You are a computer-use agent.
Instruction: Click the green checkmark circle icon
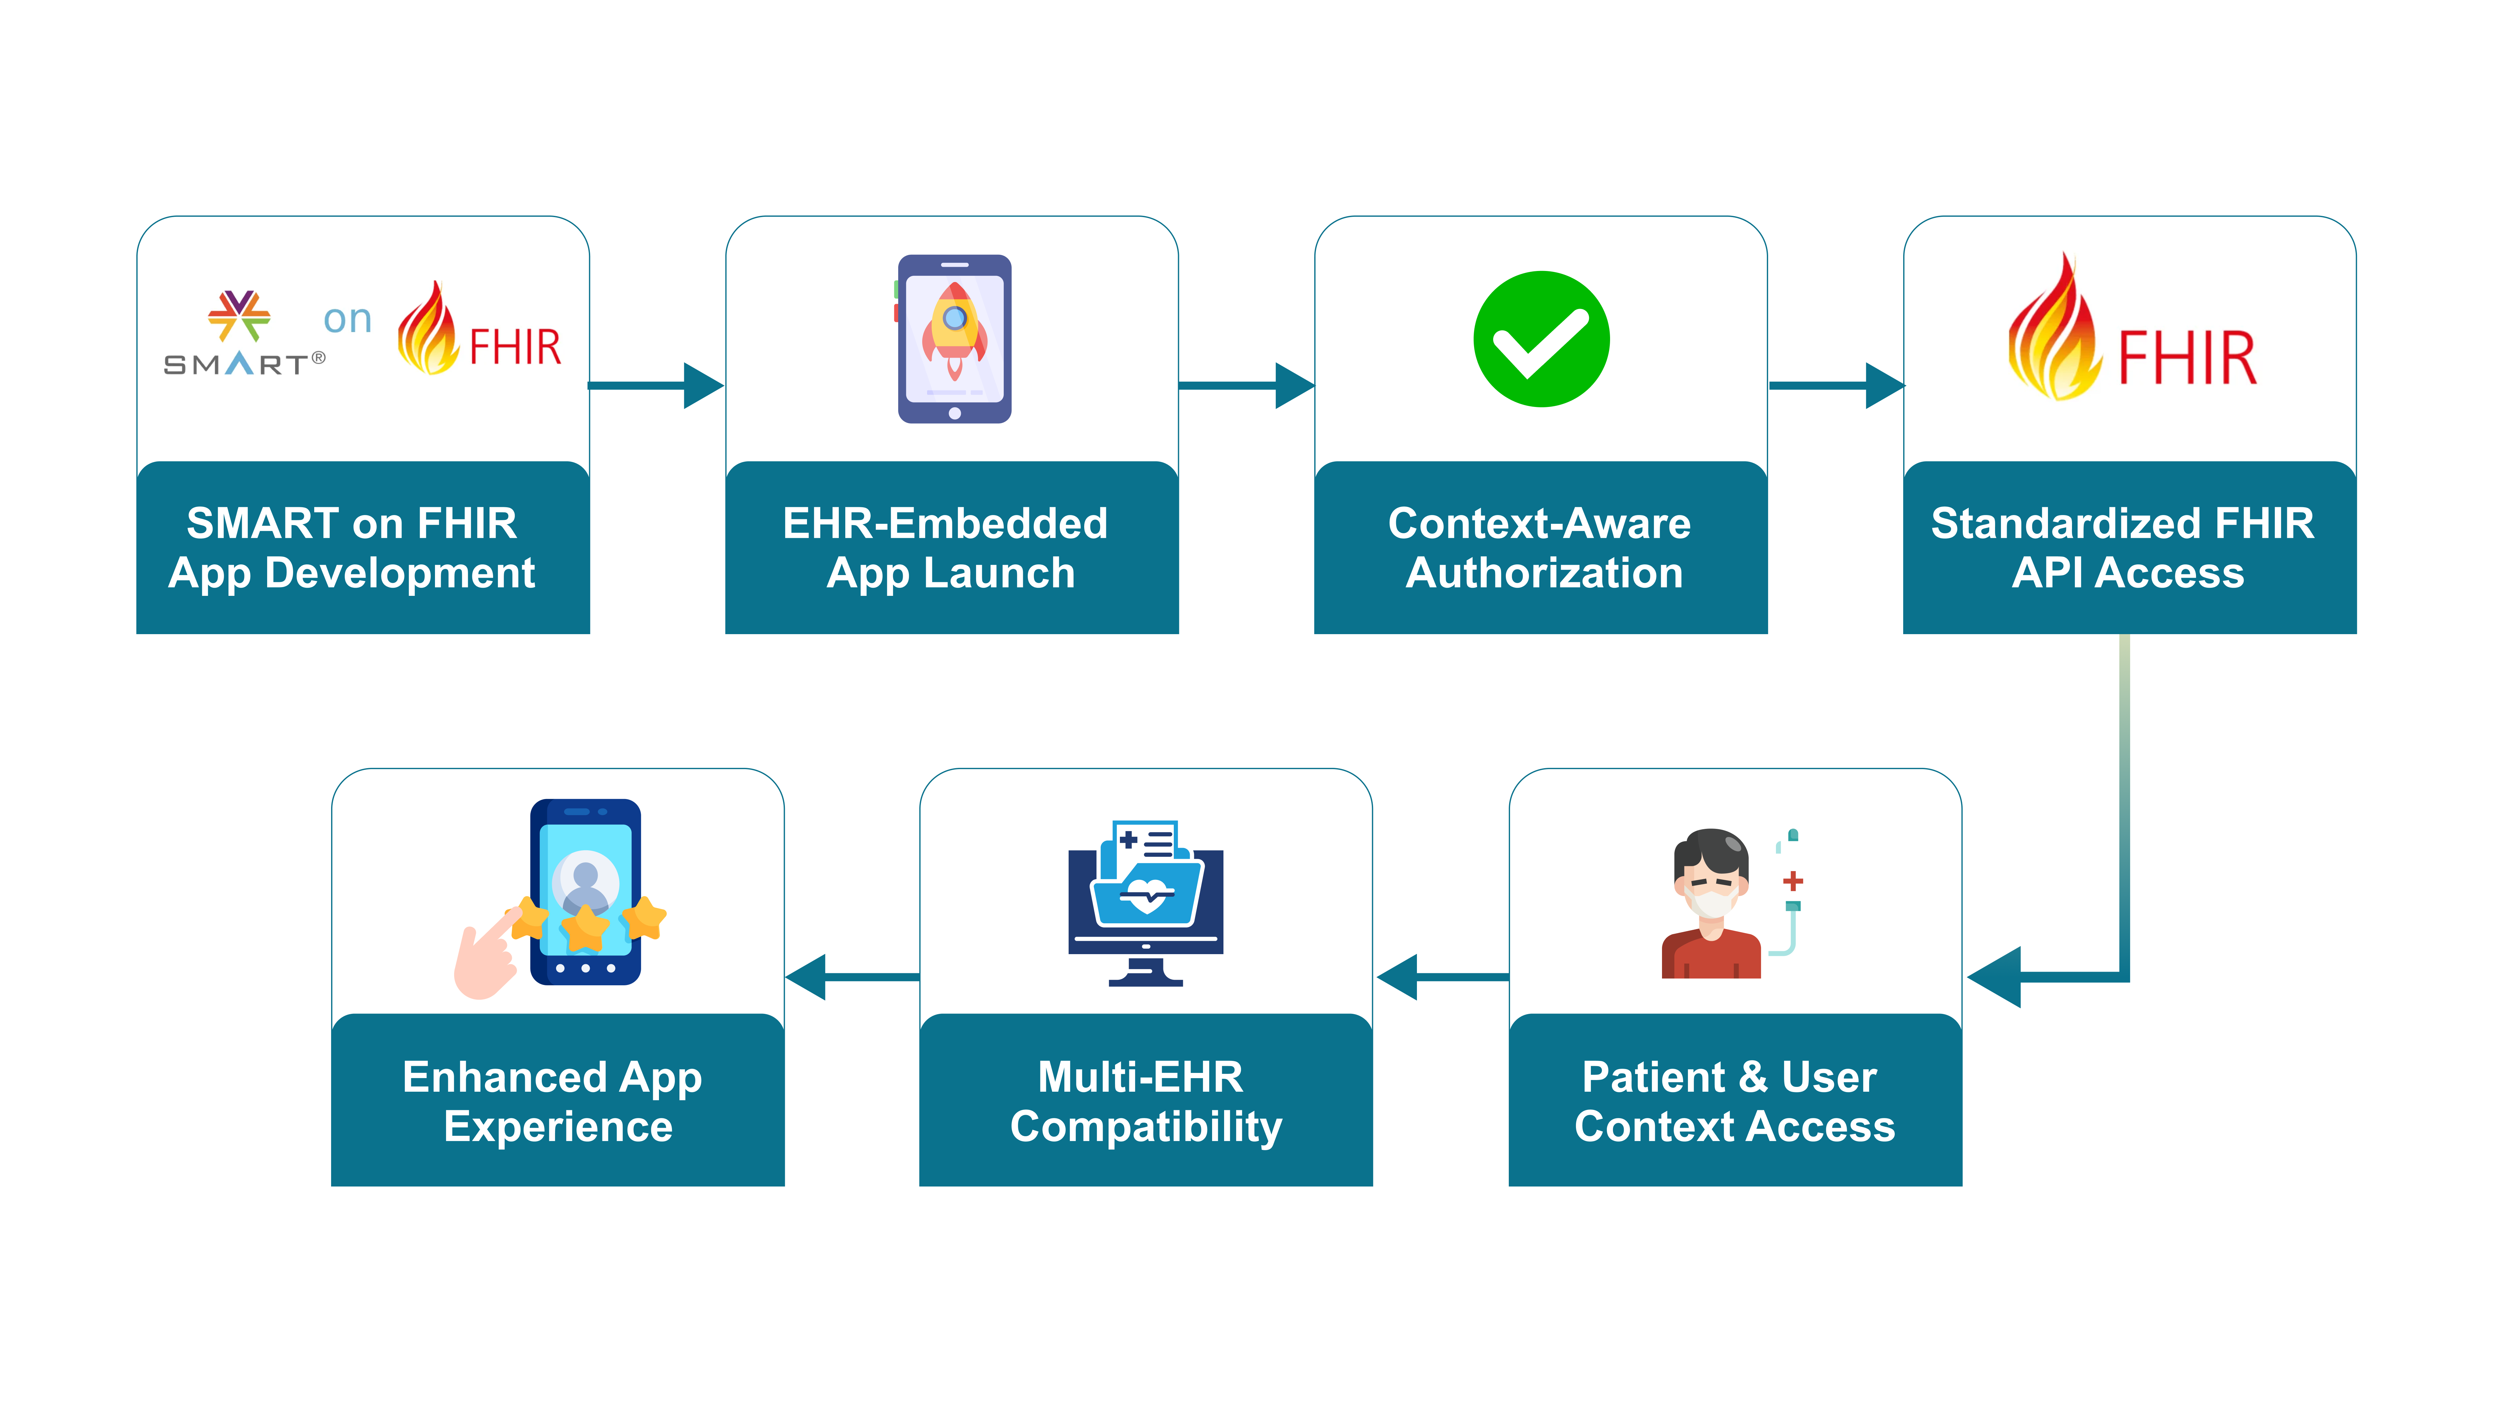[x=1541, y=338]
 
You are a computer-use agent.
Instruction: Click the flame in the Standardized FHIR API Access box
[x=2053, y=334]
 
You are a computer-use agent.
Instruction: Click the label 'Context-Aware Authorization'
[x=1541, y=547]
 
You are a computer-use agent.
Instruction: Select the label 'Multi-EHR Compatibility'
[x=1146, y=1101]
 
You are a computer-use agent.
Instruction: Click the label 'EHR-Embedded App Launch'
[x=949, y=547]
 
